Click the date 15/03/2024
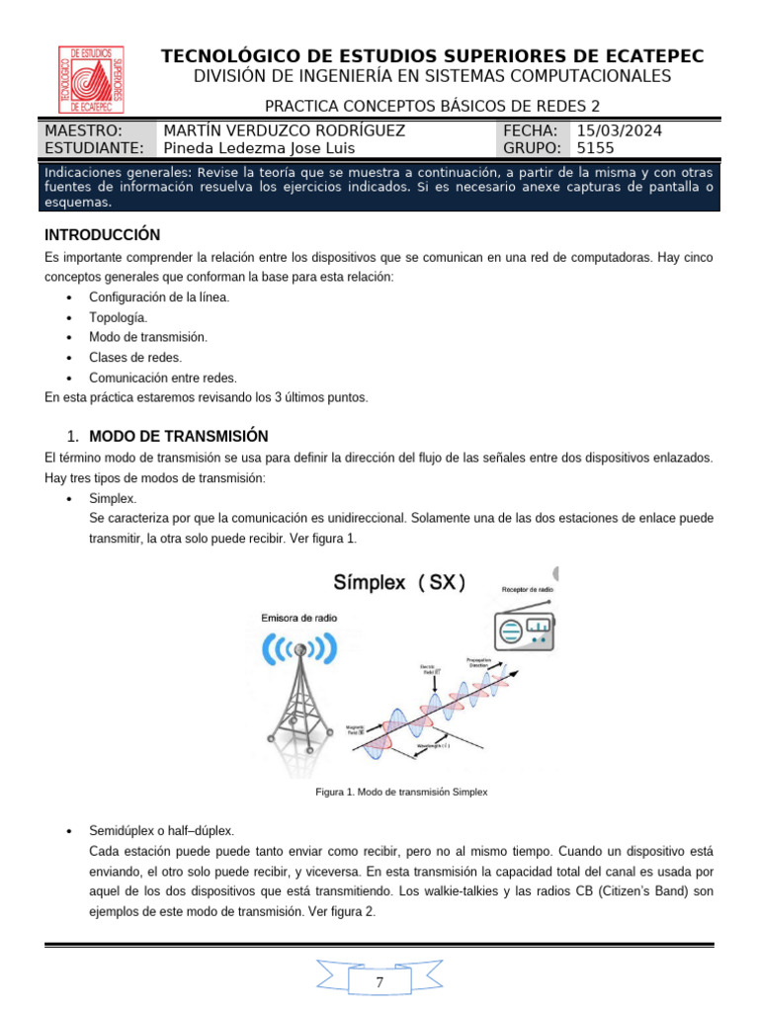[619, 130]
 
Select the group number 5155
[595, 148]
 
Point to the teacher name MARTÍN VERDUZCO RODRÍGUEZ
[283, 130]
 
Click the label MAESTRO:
[84, 130]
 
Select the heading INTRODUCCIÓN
[102, 235]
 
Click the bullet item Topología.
[118, 317]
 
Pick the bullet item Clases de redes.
[135, 357]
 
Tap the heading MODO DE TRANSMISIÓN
[178, 436]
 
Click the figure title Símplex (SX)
[398, 582]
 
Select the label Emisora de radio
[298, 618]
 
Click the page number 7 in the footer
[380, 983]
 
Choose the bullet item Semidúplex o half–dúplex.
[161, 830]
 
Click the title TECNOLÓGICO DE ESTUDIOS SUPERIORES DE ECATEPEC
[438, 57]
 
